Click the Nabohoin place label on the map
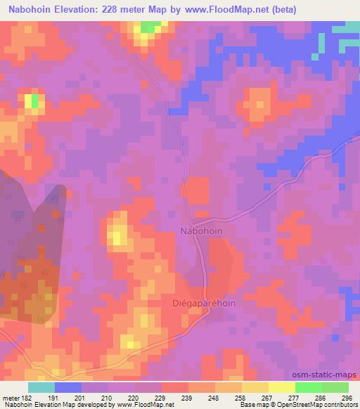click(202, 231)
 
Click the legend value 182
click(22, 398)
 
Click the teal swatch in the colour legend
click(41, 387)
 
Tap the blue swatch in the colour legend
click(68, 387)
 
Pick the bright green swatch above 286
click(309, 387)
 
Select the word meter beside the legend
click(11, 398)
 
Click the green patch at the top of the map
click(149, 27)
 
